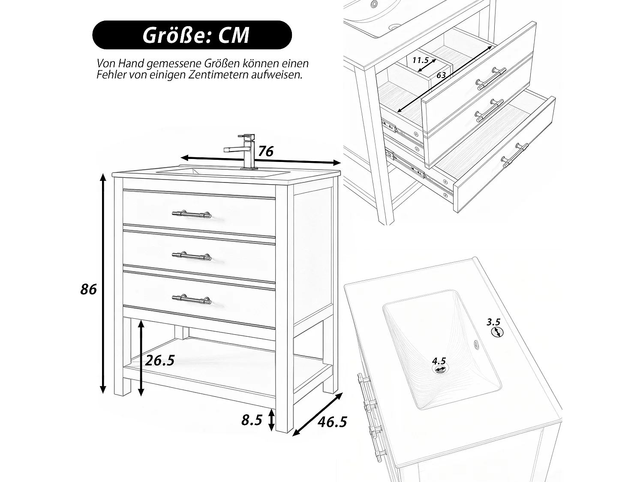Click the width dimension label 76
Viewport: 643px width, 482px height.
coord(266,151)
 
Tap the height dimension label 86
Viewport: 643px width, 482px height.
coord(88,290)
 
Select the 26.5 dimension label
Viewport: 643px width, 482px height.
coord(160,360)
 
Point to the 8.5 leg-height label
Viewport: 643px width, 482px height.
coord(252,420)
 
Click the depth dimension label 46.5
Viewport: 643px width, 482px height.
coord(333,422)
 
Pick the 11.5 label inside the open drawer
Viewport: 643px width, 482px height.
coord(421,60)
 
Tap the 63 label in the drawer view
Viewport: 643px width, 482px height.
coord(441,75)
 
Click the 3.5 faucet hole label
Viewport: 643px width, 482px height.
coord(493,322)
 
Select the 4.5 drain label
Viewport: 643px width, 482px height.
coord(439,361)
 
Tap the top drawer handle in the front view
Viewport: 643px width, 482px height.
coord(192,214)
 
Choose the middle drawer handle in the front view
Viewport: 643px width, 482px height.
coord(192,256)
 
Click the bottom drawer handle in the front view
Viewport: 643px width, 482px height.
coord(192,299)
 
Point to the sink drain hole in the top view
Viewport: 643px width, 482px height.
coord(439,369)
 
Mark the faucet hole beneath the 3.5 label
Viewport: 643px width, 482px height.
coord(497,332)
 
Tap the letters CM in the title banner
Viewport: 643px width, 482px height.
coord(234,36)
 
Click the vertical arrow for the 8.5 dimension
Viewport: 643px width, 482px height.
coord(271,420)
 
